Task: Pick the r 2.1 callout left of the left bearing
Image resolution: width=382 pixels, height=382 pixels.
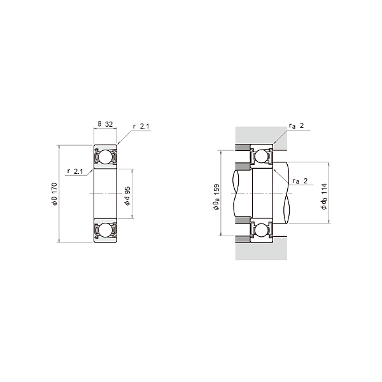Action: [74, 172]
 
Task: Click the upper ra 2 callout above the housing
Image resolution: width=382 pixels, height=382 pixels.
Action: [298, 126]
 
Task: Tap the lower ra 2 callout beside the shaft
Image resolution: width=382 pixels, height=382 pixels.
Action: [300, 181]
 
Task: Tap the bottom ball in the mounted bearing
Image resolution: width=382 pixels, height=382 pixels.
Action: [261, 230]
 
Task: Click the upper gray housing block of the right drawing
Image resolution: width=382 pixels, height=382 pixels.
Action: [255, 135]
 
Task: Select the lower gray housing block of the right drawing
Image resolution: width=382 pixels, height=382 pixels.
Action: [255, 251]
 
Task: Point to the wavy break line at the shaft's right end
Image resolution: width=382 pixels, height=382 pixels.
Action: [292, 194]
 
